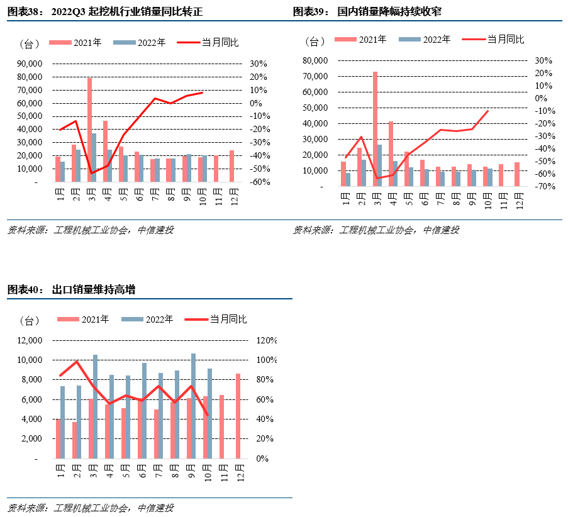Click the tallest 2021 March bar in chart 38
(90, 130)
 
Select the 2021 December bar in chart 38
(231, 166)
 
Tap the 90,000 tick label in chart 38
(29, 64)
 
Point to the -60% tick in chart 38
(259, 182)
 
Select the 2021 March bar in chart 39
(375, 128)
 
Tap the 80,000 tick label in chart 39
(315, 60)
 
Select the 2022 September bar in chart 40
(193, 406)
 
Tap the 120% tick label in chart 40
(267, 340)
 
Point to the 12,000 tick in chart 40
(29, 340)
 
